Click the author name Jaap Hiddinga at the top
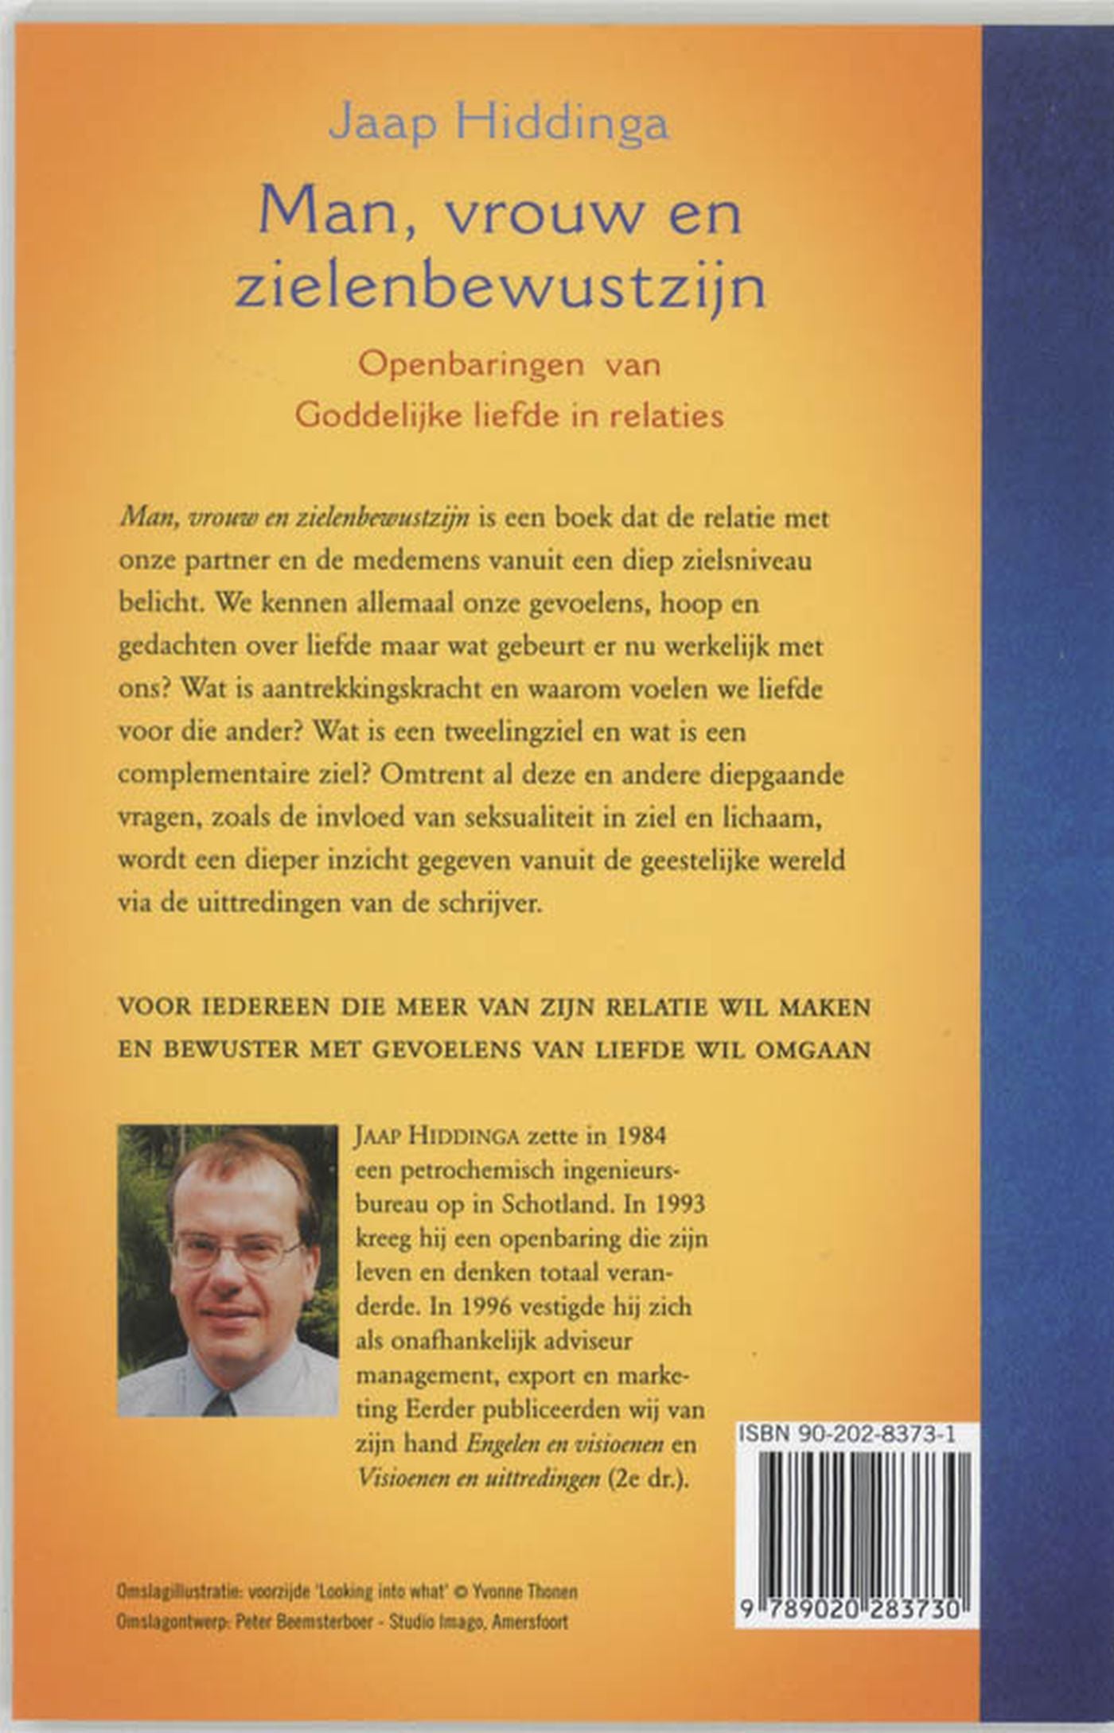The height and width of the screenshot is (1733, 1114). [x=499, y=125]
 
